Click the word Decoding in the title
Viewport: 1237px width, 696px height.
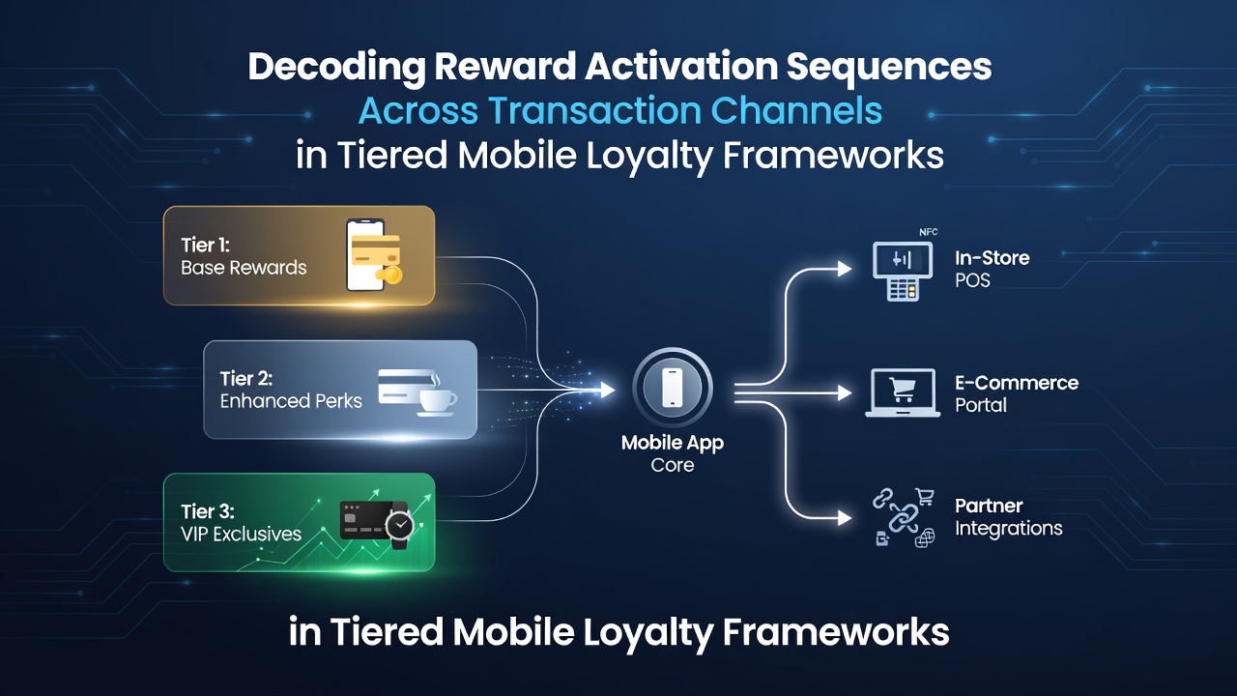[x=336, y=67]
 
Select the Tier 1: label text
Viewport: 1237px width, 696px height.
[x=205, y=246]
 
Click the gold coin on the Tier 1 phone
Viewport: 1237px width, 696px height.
[x=391, y=275]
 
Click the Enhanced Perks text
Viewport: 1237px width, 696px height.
[x=291, y=401]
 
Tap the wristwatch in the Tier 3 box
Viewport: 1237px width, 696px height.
[x=399, y=525]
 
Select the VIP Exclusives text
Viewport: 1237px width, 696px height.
[x=241, y=535]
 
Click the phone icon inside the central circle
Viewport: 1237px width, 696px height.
[x=672, y=388]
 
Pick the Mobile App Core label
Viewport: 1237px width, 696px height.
[x=672, y=453]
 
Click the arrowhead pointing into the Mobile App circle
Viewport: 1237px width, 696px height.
[x=608, y=390]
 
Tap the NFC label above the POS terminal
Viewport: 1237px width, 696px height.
[x=929, y=232]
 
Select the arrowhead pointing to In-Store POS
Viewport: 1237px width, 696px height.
[x=845, y=269]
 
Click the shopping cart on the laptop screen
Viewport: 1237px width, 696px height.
[x=903, y=390]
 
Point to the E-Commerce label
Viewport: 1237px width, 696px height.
[x=1017, y=383]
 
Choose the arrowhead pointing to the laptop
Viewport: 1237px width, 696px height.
[x=845, y=393]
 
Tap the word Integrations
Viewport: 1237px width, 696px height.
[x=1008, y=529]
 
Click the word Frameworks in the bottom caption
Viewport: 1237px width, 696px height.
[x=836, y=632]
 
